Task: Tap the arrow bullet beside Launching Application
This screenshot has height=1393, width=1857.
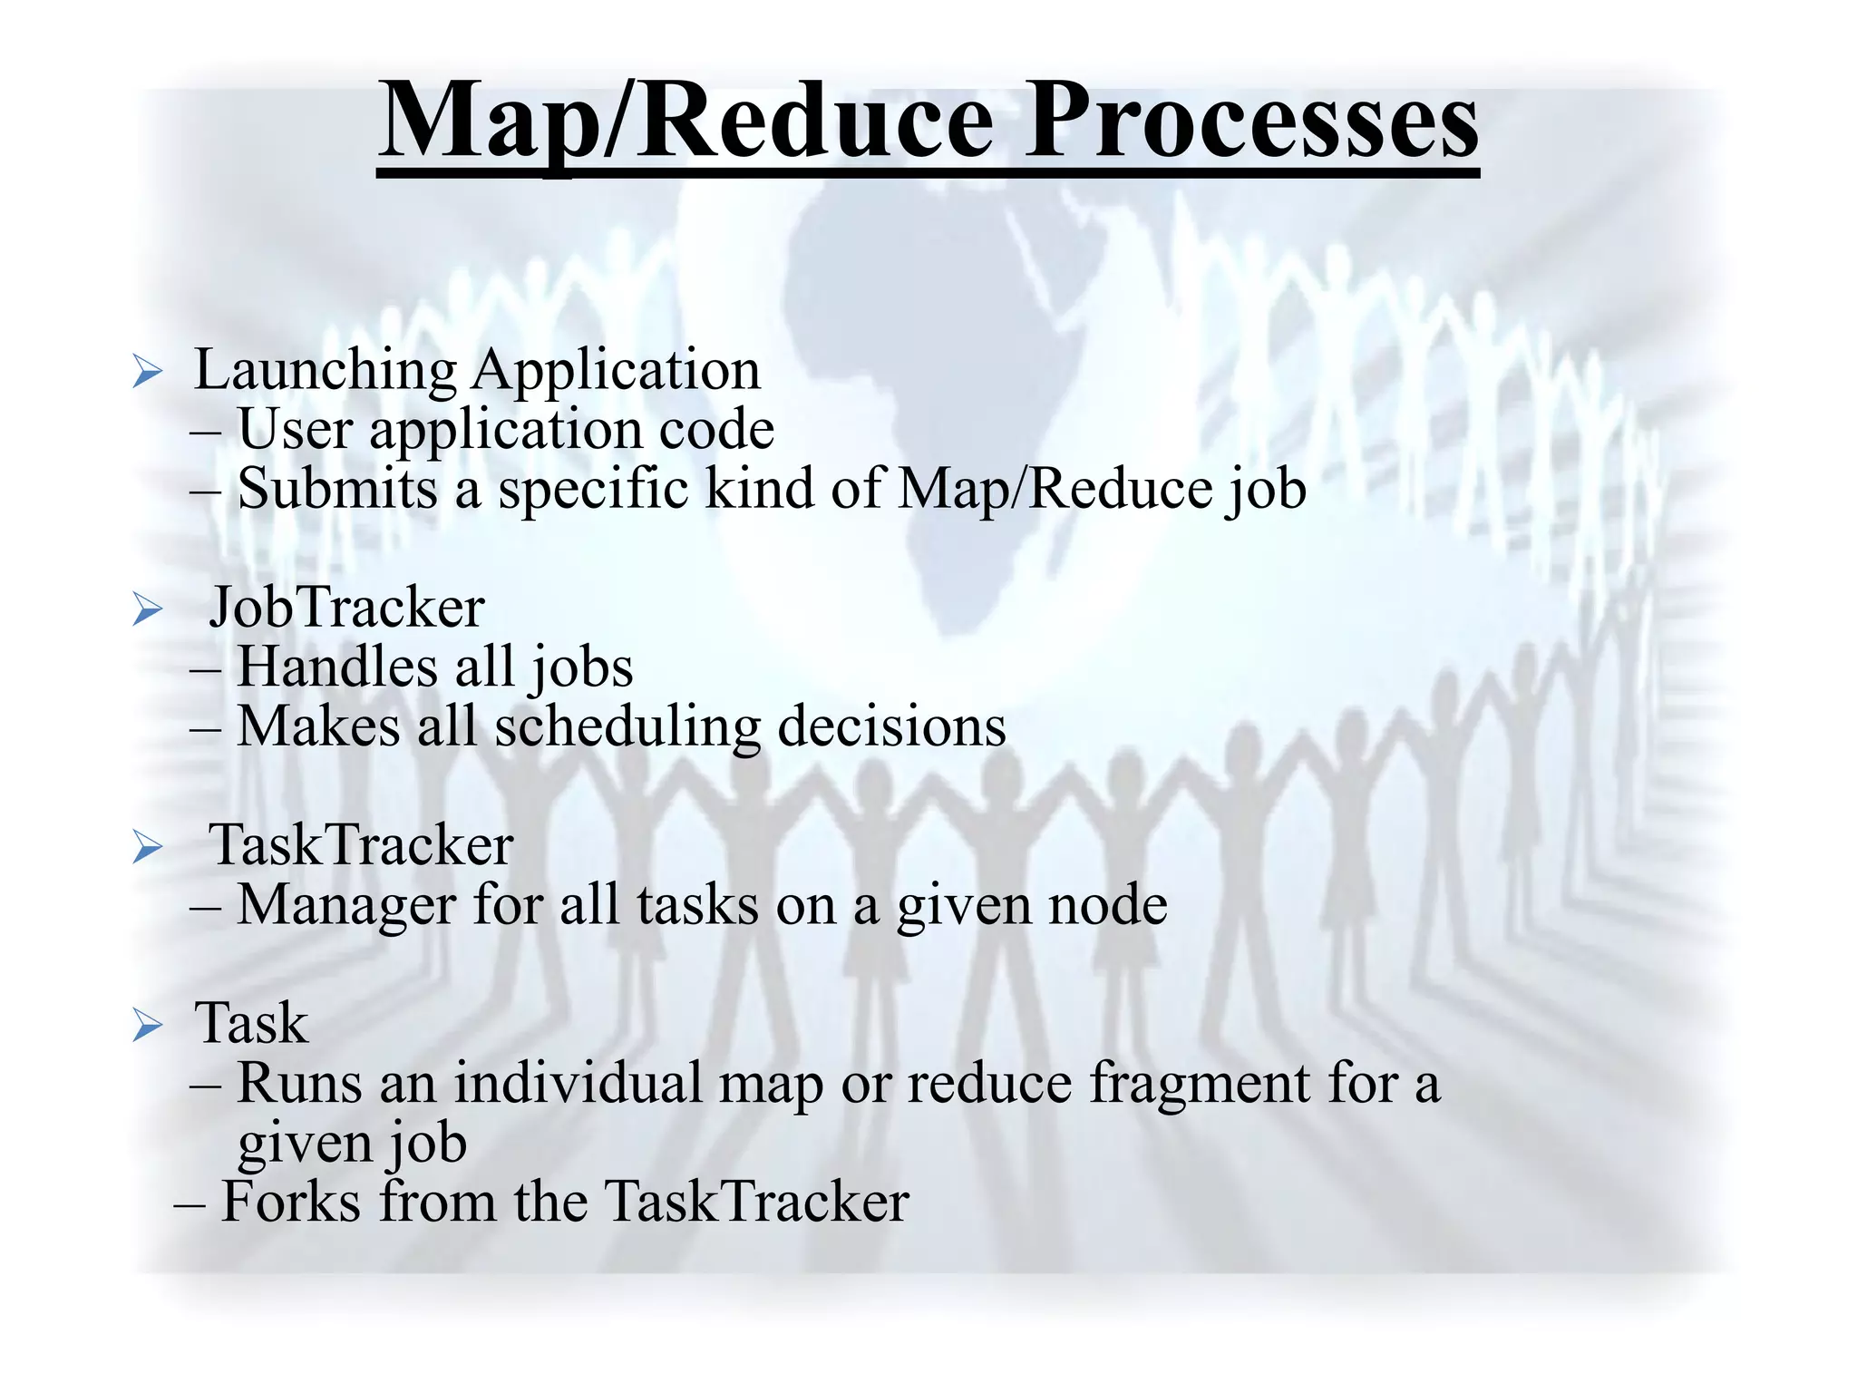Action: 147,372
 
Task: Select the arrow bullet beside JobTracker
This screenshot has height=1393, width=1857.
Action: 147,609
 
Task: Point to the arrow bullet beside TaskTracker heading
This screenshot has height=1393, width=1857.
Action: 147,847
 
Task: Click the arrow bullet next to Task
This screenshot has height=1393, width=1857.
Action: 147,1026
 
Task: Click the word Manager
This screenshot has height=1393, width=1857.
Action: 345,905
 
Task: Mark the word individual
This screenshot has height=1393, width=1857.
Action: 578,1083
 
